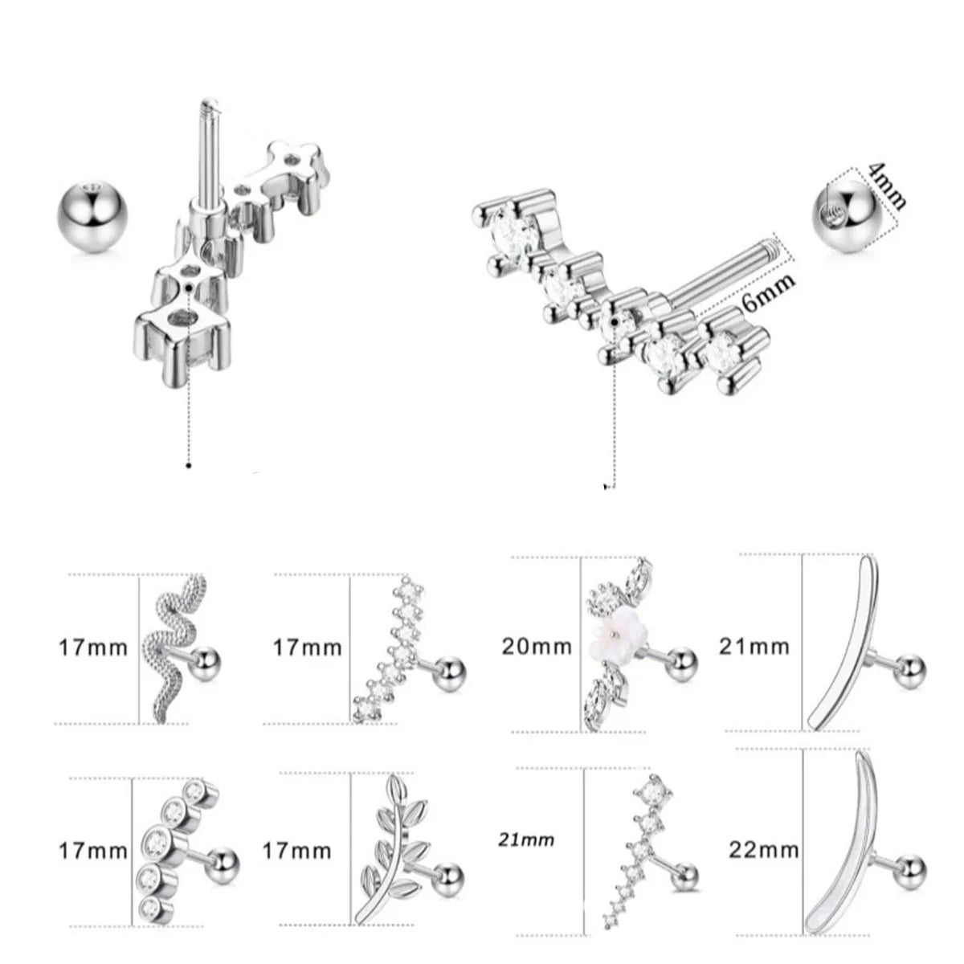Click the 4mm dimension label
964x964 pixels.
click(886, 186)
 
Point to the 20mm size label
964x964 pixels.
click(537, 647)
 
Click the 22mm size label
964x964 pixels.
click(763, 849)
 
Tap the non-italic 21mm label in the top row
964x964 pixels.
click(754, 647)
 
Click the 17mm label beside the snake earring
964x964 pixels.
click(93, 647)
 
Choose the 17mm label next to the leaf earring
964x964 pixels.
click(296, 851)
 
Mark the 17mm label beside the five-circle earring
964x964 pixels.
click(93, 851)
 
